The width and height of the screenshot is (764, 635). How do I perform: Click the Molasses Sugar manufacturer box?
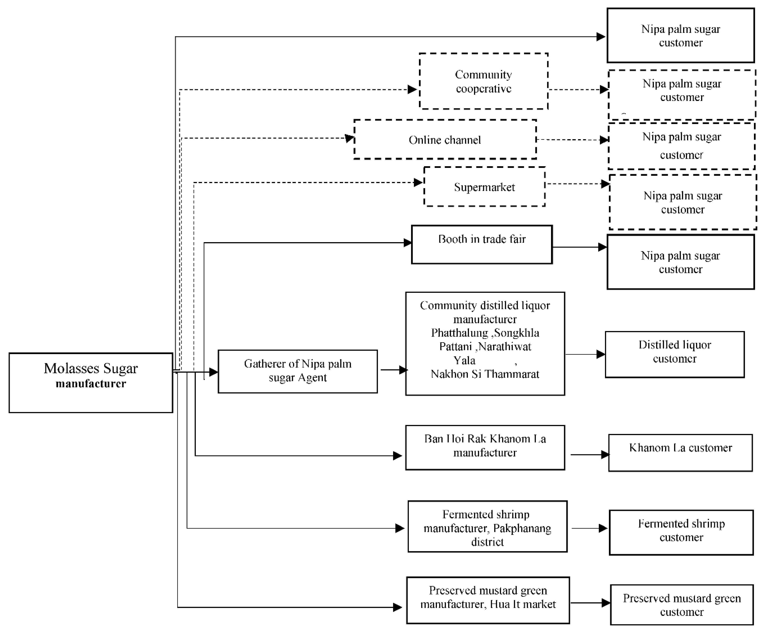click(90, 382)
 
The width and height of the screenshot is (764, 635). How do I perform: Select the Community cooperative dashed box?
click(484, 81)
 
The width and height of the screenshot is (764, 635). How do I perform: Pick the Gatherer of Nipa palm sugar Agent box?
click(298, 371)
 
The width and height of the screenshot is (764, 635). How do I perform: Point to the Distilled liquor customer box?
click(675, 354)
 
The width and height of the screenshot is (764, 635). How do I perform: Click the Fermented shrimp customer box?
click(681, 532)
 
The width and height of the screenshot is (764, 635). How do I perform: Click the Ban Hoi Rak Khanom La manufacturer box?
click(485, 447)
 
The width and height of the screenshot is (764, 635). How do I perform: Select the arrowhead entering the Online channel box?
click(350, 138)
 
